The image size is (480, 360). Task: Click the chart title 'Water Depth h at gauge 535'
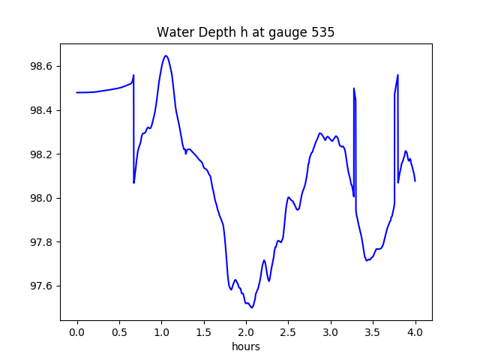coord(246,33)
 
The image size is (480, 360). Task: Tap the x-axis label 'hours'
coord(246,347)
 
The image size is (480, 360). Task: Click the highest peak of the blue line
coord(166,55)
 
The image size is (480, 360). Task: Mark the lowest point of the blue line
coord(252,307)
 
